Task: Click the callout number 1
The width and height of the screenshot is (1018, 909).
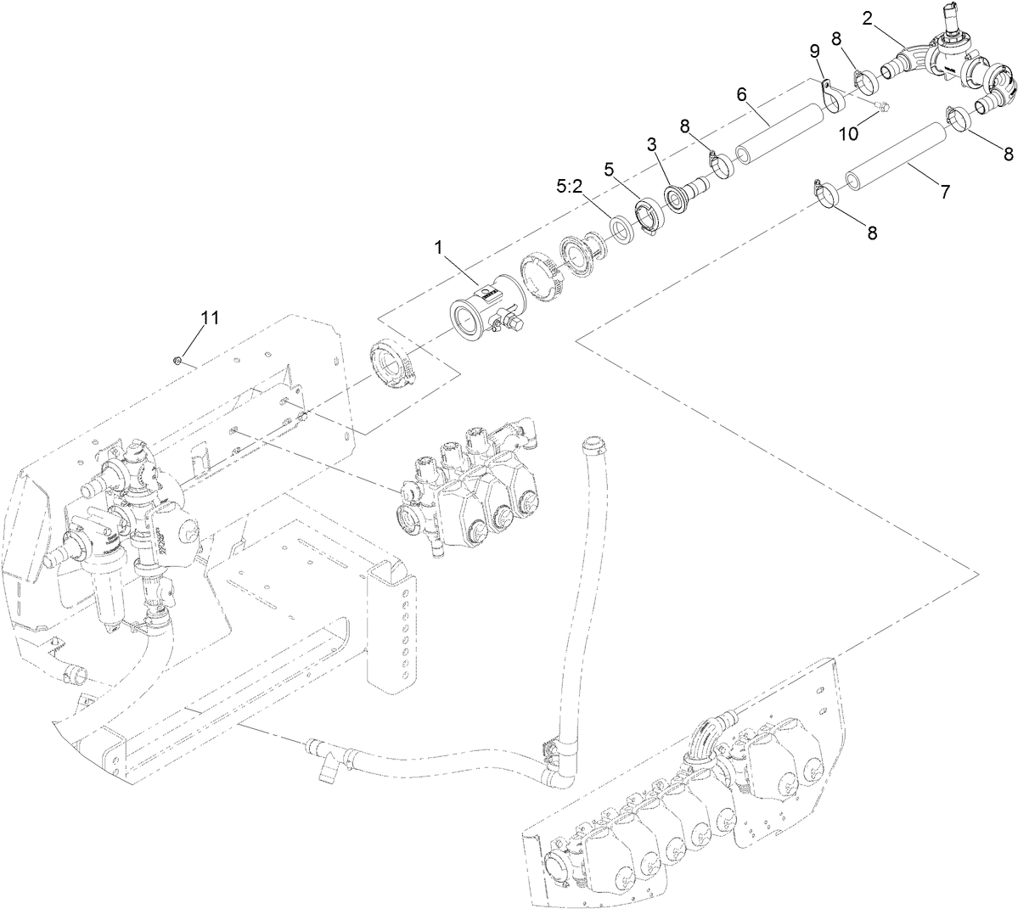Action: click(x=438, y=247)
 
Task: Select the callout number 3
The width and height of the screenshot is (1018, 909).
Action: click(x=652, y=144)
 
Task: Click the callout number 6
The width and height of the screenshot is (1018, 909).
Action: click(x=741, y=94)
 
